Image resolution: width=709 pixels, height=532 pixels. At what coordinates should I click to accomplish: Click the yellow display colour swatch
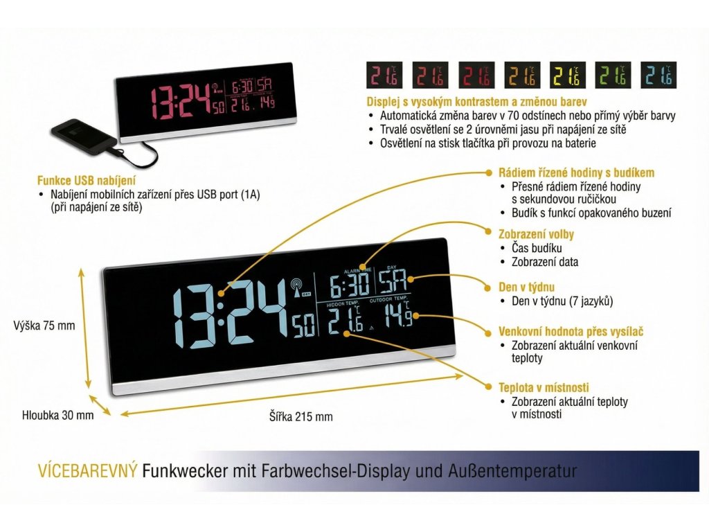(568, 75)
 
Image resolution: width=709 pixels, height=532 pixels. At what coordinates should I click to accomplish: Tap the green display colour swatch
(613, 75)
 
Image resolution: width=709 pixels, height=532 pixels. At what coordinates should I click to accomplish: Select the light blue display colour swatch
(658, 75)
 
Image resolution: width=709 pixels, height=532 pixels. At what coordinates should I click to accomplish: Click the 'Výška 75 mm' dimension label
(44, 326)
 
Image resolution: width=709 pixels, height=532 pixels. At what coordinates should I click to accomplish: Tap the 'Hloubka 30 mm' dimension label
(57, 415)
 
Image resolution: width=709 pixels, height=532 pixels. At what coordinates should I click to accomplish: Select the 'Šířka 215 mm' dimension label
(301, 416)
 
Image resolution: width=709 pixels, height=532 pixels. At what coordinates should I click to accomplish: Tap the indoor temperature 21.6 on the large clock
(345, 320)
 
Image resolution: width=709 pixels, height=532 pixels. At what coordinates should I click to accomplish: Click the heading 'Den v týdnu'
(527, 287)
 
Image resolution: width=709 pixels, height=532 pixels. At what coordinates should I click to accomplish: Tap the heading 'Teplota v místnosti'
(544, 387)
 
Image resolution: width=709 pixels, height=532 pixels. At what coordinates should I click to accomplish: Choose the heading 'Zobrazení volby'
(537, 234)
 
